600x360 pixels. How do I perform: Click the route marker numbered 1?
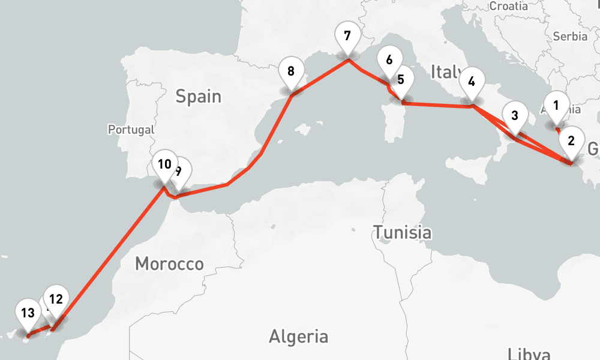556,107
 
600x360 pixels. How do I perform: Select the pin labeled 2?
571,142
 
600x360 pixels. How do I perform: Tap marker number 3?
514,117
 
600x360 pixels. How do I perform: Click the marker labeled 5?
401,80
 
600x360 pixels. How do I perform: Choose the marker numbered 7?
347,36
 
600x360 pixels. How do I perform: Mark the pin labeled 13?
27,313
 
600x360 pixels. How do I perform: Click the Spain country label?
198,96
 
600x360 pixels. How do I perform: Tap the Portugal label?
131,129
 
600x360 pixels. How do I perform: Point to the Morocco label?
169,263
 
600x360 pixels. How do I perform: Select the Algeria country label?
298,336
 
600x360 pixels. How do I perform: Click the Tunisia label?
401,232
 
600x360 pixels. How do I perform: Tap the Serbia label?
570,36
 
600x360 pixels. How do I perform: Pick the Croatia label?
509,6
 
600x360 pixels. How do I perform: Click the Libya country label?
529,353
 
